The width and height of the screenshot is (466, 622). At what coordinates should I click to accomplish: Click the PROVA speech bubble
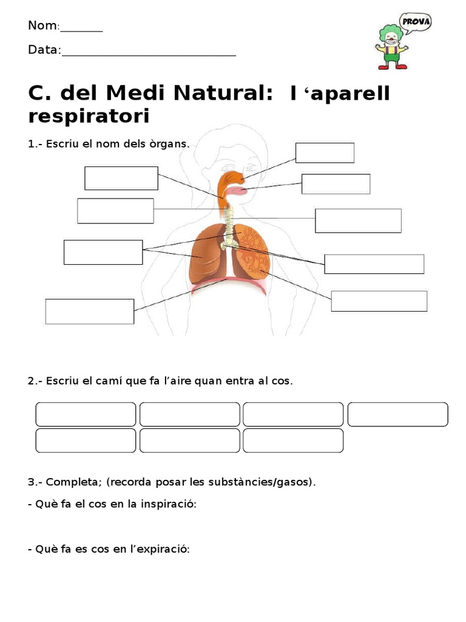click(416, 22)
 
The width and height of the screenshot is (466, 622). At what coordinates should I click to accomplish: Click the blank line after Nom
click(81, 27)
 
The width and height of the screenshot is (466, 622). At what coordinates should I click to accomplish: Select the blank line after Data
click(149, 51)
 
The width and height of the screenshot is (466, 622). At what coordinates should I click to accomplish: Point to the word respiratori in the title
click(89, 116)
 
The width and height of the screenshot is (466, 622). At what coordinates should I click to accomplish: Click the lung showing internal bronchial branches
click(252, 255)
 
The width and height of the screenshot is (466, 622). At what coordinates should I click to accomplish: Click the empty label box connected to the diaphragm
click(90, 311)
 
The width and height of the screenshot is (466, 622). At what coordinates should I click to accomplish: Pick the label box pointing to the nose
click(325, 152)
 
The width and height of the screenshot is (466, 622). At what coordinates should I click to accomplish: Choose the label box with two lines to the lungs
click(103, 252)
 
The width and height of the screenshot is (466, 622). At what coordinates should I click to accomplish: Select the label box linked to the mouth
click(336, 184)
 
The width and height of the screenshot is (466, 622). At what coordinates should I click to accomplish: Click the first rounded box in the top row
click(86, 414)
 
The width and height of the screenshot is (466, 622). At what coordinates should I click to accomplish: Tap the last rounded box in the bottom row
click(293, 440)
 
